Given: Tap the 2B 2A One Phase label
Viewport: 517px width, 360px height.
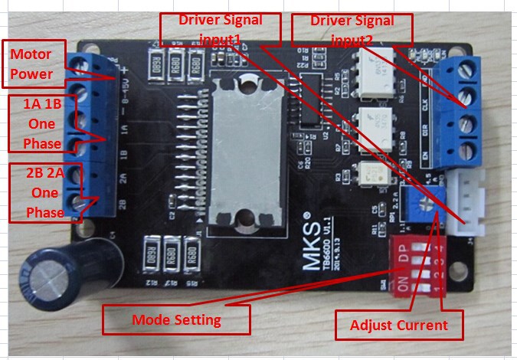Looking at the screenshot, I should pos(41,192).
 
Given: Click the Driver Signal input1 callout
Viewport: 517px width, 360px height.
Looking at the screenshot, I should pos(220,29).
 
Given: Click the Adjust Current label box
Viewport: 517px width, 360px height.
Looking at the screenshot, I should pos(398,325).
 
